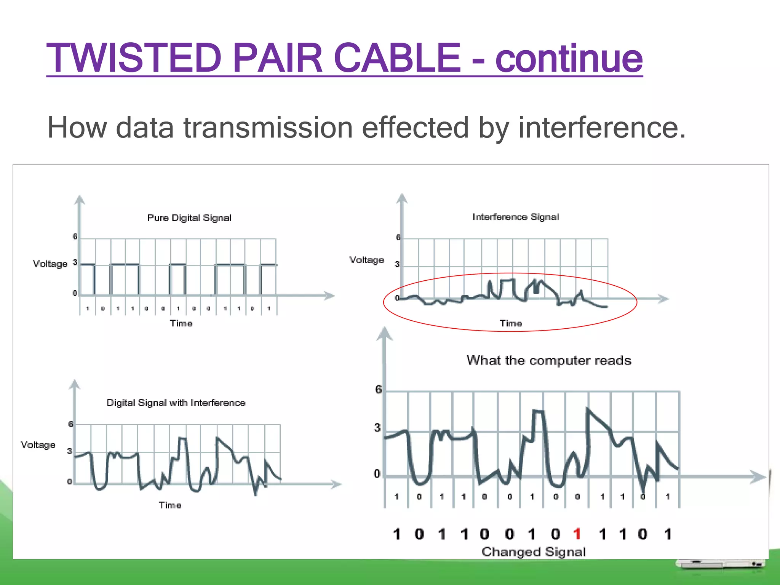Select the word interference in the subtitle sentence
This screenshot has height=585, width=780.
[x=602, y=128]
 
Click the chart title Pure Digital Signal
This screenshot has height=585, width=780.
[x=189, y=218]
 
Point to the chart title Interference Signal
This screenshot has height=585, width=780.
[x=516, y=217]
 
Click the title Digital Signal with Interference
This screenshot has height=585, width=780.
[x=176, y=403]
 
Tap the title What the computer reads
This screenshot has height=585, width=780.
[x=548, y=360]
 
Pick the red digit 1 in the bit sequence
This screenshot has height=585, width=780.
[x=577, y=534]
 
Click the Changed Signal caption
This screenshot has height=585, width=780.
[x=534, y=552]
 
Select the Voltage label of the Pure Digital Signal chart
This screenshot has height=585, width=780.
[x=50, y=264]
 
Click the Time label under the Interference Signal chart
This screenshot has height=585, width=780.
[x=511, y=323]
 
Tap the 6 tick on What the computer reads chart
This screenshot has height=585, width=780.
[x=378, y=389]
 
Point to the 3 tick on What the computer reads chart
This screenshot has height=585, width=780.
[x=377, y=428]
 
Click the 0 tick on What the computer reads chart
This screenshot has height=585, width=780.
[x=377, y=474]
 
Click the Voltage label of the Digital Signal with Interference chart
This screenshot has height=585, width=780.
[x=38, y=445]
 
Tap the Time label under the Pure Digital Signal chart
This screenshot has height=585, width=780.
[x=181, y=323]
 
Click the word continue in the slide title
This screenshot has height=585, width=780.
[x=569, y=58]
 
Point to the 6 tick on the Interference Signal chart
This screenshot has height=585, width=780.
[x=398, y=237]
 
